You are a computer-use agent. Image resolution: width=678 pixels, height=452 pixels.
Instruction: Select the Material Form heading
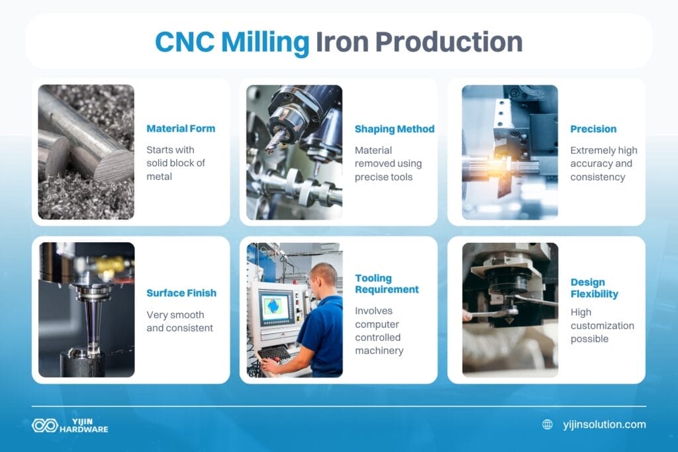click(181, 128)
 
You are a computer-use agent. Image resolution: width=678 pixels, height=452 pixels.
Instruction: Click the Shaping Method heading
click(395, 128)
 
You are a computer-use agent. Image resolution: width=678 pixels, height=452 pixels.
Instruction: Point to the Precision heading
click(593, 128)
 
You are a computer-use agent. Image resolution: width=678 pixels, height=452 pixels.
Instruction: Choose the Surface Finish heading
click(181, 293)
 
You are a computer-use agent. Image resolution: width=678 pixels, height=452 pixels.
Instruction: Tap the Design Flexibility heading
click(595, 288)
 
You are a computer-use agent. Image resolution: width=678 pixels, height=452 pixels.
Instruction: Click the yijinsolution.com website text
click(604, 424)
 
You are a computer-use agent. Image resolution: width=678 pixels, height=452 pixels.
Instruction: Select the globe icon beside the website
click(548, 424)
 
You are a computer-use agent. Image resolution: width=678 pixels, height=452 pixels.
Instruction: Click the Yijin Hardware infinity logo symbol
click(44, 425)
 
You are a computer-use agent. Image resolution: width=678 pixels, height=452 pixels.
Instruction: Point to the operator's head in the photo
click(324, 275)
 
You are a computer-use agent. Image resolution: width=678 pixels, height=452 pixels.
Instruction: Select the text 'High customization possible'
click(602, 325)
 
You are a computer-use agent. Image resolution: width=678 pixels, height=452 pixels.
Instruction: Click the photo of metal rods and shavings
click(86, 152)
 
